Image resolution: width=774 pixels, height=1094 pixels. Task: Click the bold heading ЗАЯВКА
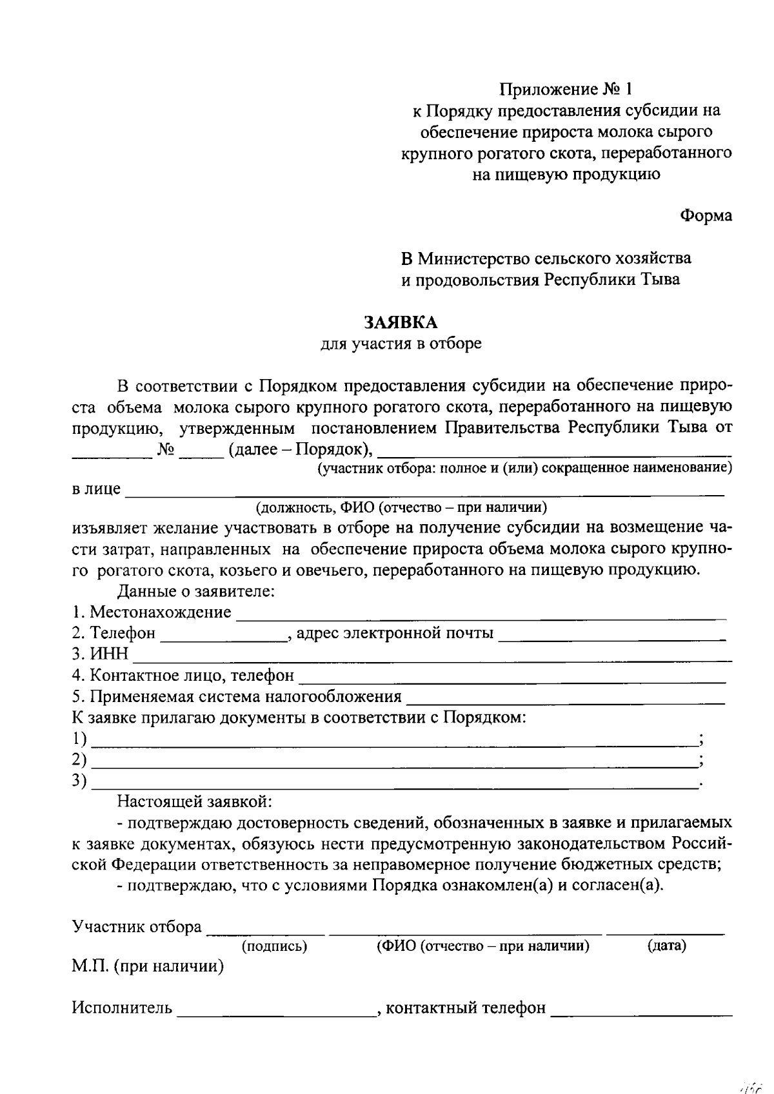(400, 322)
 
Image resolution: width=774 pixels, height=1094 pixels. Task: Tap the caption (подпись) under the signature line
(274, 946)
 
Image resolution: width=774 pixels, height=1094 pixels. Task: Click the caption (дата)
(666, 946)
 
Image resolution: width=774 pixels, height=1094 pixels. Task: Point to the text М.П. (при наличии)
(148, 966)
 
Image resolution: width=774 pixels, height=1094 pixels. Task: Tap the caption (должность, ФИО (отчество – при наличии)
(401, 507)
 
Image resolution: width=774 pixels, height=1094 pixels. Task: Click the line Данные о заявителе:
(196, 591)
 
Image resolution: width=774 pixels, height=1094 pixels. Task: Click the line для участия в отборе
(401, 344)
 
